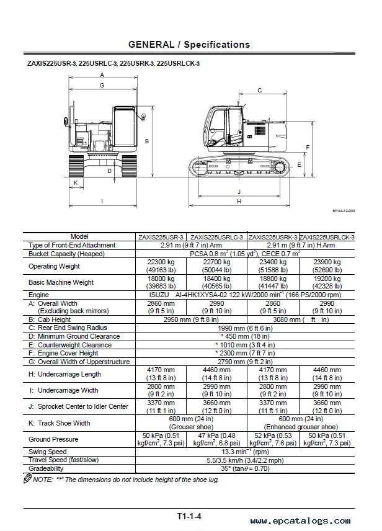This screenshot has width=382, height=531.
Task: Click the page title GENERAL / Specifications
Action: (189, 45)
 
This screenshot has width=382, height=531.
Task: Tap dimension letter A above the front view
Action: (102, 75)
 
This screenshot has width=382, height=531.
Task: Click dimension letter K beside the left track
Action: (76, 183)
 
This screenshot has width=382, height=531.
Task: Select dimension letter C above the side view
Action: (259, 91)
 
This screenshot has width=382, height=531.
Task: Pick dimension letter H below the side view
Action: (239, 202)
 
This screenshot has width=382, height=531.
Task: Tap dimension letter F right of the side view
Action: (308, 147)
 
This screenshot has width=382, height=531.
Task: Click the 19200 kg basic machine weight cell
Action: (327, 282)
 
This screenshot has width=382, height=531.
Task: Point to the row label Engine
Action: (39, 295)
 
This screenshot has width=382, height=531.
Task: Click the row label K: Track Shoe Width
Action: (60, 423)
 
